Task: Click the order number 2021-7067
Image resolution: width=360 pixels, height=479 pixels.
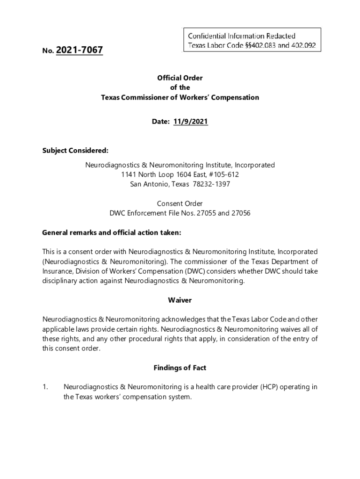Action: point(79,50)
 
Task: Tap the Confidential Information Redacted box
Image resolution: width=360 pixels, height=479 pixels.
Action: point(251,39)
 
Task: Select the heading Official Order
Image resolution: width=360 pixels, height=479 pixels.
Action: point(180,78)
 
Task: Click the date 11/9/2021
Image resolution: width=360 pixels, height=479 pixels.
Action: point(190,121)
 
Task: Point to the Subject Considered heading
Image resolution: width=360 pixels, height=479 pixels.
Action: point(75,150)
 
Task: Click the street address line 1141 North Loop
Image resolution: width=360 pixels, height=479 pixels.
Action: point(180,174)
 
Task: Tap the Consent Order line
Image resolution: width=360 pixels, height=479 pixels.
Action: point(180,203)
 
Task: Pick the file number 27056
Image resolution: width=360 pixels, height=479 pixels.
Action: point(240,213)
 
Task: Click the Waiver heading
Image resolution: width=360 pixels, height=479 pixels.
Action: point(180,300)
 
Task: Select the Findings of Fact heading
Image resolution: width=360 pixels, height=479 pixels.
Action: point(180,368)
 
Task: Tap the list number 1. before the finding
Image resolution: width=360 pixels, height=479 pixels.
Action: point(45,387)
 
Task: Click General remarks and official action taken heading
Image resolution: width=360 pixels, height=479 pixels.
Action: point(111,232)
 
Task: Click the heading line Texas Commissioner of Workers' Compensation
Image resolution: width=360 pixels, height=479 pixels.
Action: point(180,97)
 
